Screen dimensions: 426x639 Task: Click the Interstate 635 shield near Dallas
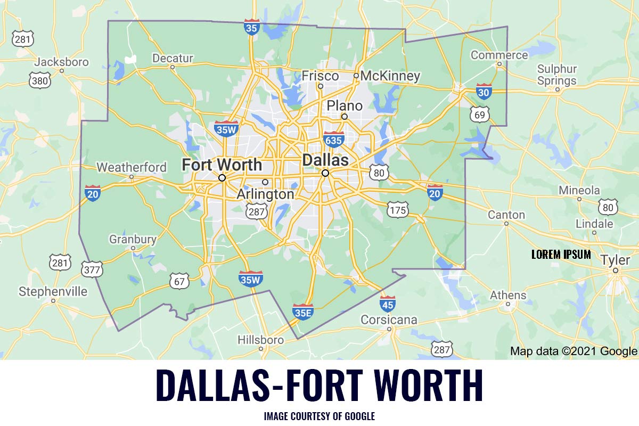coord(333,140)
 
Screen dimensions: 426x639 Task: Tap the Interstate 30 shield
coord(484,92)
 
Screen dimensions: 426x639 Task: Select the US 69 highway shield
coord(479,114)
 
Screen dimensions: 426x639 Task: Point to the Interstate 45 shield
coord(388,304)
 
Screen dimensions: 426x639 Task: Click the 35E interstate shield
coord(302,312)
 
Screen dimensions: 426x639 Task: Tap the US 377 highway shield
coord(92,269)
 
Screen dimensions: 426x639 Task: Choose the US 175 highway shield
coord(398,210)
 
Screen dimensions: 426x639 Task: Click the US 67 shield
coord(179,281)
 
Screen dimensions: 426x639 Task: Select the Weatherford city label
coord(132,167)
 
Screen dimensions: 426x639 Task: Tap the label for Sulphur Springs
coord(556,75)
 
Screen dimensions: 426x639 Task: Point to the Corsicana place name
coord(389,320)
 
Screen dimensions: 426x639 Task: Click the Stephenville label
coord(53,291)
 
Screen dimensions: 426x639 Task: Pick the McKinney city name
coord(390,76)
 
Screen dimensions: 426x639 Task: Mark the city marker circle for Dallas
coord(325,173)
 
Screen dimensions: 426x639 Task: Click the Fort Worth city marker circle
coord(222,178)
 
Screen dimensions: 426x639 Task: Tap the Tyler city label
coord(615,260)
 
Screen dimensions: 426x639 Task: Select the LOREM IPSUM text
coord(561,255)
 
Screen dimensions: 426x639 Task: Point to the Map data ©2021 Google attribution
coord(574,351)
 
